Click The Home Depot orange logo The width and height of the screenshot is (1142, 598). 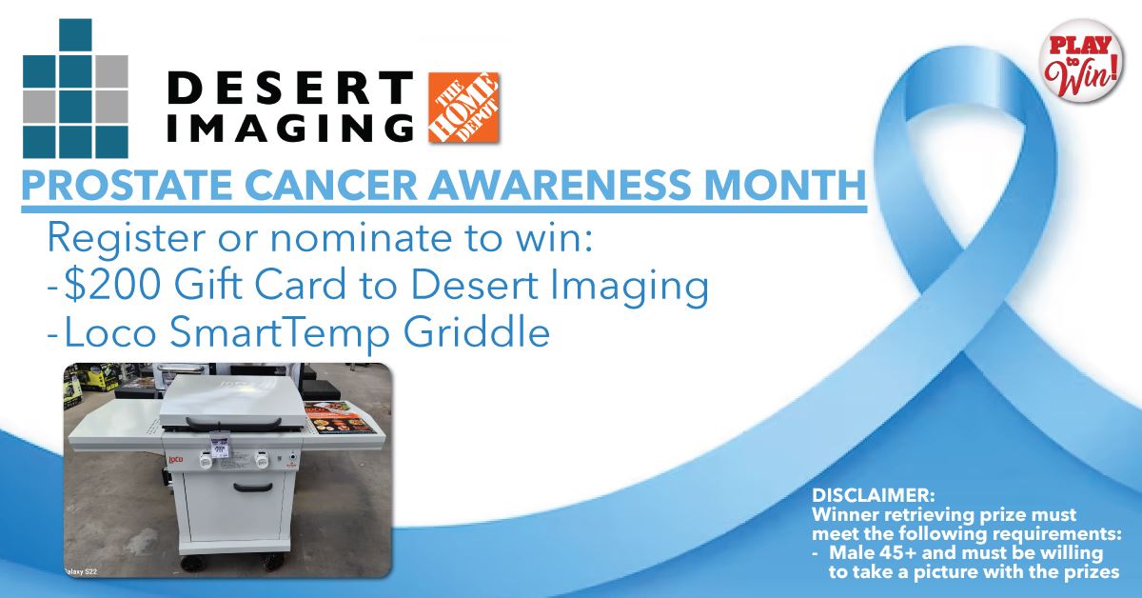coord(464,107)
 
